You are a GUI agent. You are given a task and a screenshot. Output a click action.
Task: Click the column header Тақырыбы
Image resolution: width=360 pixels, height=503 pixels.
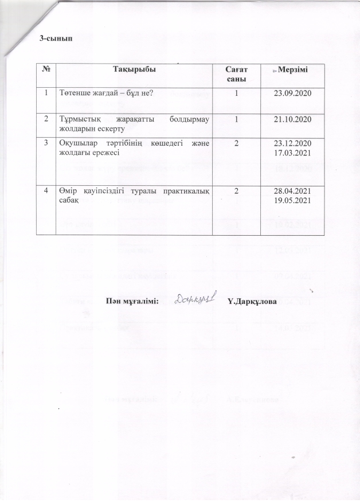(133, 69)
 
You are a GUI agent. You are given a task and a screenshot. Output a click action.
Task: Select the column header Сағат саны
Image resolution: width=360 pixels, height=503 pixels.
(235, 73)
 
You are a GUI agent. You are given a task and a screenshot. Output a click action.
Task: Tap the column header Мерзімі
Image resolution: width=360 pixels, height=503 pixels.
(292, 69)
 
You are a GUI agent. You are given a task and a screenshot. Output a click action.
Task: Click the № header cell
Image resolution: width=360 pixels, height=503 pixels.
(45, 69)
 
